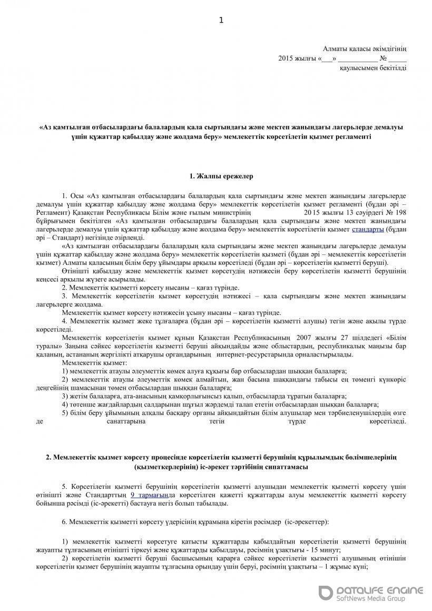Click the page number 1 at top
(221, 21)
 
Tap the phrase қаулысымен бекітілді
(373, 68)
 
